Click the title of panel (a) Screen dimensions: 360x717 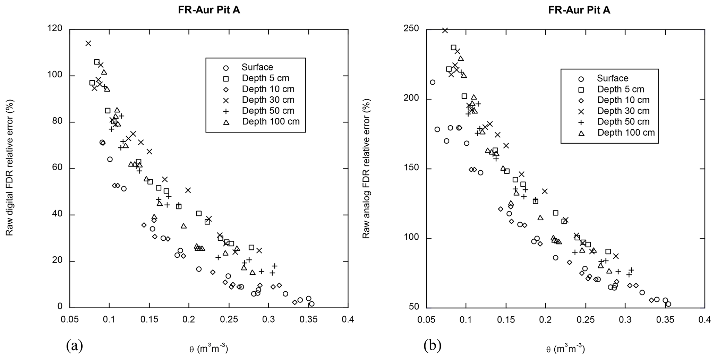209,10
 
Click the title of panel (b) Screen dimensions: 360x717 579,10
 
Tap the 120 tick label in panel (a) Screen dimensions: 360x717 56,29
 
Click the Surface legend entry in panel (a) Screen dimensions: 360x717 257,67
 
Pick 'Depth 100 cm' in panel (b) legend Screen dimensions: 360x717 626,132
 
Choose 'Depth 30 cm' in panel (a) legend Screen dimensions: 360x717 268,100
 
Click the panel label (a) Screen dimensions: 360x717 74,345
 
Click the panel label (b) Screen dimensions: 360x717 432,345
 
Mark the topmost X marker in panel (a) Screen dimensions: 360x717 88,43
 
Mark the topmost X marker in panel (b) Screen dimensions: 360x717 445,30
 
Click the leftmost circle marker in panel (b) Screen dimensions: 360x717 433,82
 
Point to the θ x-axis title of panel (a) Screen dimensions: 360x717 208,349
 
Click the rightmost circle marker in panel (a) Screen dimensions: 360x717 312,304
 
